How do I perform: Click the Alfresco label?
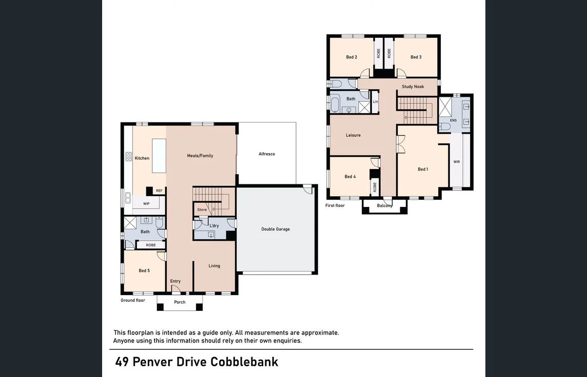tap(266, 154)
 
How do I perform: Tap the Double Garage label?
tap(276, 229)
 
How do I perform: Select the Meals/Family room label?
tap(200, 156)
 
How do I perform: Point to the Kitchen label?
tap(142, 158)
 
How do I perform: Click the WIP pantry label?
tap(146, 204)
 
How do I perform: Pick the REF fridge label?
tap(159, 191)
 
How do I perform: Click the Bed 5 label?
tap(144, 270)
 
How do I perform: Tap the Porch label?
tap(180, 302)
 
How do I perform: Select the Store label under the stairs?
tap(202, 210)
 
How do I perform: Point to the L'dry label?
tap(214, 226)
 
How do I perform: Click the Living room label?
tap(214, 265)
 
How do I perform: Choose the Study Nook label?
tap(413, 87)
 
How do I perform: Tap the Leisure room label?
tap(353, 135)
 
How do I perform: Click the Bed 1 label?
tap(423, 169)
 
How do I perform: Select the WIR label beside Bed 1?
tap(457, 162)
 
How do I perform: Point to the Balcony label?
tap(385, 205)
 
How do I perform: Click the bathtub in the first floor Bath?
tap(335, 103)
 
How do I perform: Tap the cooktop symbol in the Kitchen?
tap(129, 156)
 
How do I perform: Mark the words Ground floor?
tap(133, 300)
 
